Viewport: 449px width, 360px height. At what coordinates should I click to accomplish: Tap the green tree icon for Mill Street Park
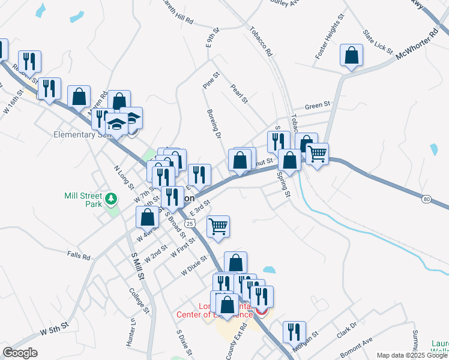[x=110, y=199]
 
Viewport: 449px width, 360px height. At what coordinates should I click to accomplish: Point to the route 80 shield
[x=426, y=198]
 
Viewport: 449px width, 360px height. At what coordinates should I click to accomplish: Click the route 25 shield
[x=190, y=223]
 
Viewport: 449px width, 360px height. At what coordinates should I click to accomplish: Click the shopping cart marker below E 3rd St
[x=218, y=226]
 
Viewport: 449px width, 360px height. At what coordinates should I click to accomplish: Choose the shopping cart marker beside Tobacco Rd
[x=317, y=154]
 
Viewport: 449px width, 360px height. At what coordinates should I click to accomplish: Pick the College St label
[x=139, y=301]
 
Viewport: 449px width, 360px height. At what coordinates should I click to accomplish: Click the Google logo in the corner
[x=20, y=353]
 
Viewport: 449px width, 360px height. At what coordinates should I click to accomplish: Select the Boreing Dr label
[x=213, y=122]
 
